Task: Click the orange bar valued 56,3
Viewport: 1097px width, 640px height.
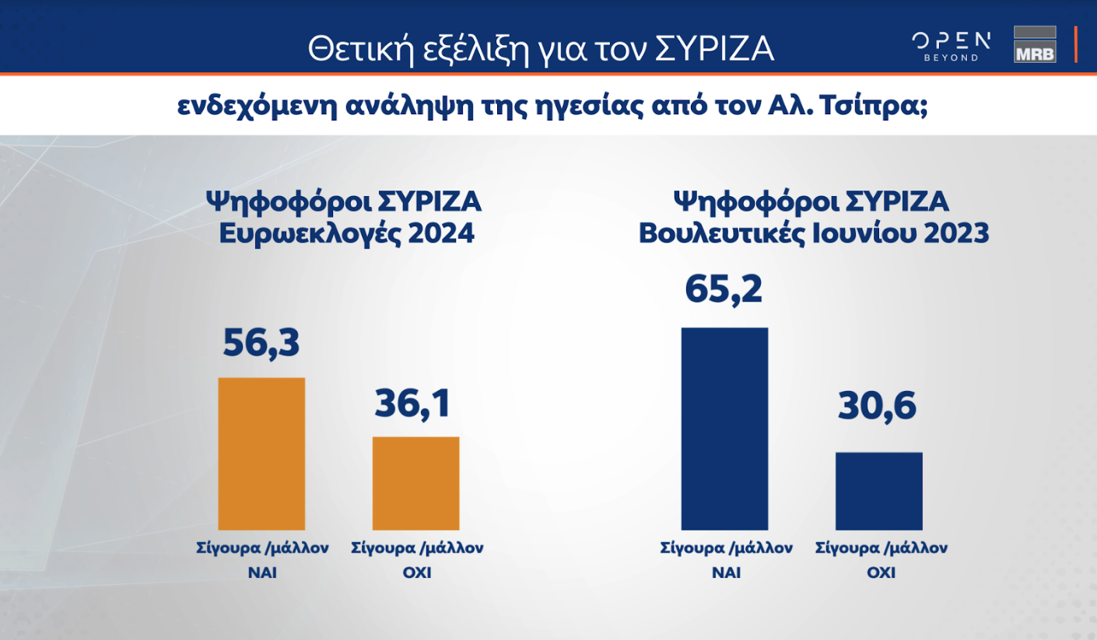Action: coord(261,453)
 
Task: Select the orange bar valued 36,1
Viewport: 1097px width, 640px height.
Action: coord(415,483)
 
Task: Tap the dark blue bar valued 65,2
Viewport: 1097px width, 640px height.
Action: coord(724,428)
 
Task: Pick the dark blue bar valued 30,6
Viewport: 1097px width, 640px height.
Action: coord(878,491)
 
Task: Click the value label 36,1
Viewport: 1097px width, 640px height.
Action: coord(412,403)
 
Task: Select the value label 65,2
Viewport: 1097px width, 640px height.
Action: coord(724,289)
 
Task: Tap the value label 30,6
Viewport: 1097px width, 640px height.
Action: coord(878,407)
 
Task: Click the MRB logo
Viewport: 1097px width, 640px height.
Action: coord(1035,44)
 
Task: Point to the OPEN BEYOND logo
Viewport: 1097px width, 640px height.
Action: coord(952,46)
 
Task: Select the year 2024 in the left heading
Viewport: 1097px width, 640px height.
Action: coord(440,233)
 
